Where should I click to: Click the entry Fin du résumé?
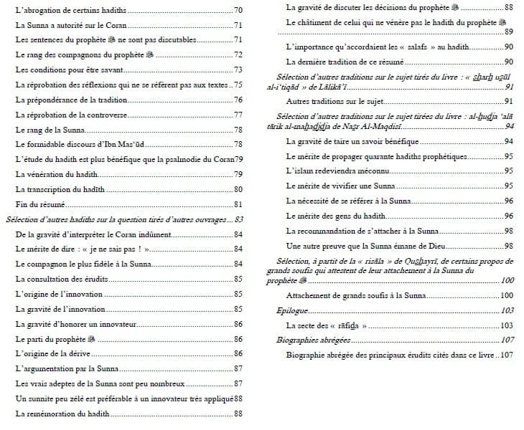[x=37, y=204]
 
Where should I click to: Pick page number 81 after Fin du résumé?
[x=238, y=204]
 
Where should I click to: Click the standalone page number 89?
[x=507, y=32]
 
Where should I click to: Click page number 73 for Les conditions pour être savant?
[x=238, y=70]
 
